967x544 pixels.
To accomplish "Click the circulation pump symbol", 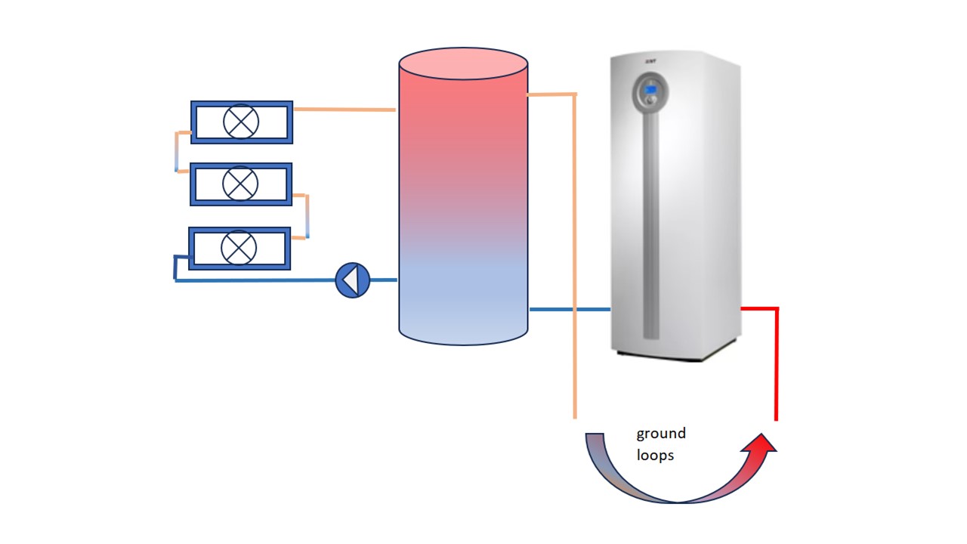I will pyautogui.click(x=352, y=280).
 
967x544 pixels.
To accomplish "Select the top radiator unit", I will pyautogui.click(x=241, y=122).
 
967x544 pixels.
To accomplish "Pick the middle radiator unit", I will pyautogui.click(x=241, y=184).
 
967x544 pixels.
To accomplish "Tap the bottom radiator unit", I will pyautogui.click(x=239, y=248).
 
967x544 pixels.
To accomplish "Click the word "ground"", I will pyautogui.click(x=661, y=434).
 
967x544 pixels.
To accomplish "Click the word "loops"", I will pyautogui.click(x=655, y=456).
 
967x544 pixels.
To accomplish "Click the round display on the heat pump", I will pyautogui.click(x=650, y=91).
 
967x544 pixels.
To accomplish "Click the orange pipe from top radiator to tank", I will pyautogui.click(x=344, y=110).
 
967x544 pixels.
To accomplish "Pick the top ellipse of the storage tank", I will pyautogui.click(x=463, y=63).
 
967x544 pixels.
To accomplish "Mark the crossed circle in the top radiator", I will pyautogui.click(x=241, y=122).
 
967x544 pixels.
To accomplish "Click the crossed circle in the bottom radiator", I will pyautogui.click(x=239, y=248).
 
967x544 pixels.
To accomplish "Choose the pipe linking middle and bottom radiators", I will pyautogui.click(x=307, y=216).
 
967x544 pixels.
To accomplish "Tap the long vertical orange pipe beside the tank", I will pyautogui.click(x=575, y=257).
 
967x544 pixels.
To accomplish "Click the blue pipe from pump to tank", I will pyautogui.click(x=384, y=280).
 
